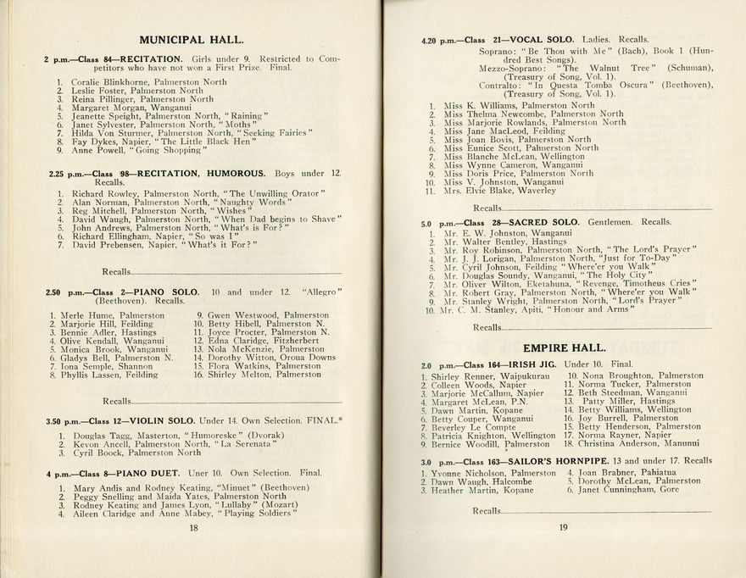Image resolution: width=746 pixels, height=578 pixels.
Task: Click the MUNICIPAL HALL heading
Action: click(x=192, y=39)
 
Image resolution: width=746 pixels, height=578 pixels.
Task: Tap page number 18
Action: click(x=193, y=527)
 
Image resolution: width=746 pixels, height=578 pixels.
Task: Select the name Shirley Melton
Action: click(x=241, y=374)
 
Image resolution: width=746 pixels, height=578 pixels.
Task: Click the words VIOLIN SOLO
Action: click(x=163, y=420)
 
